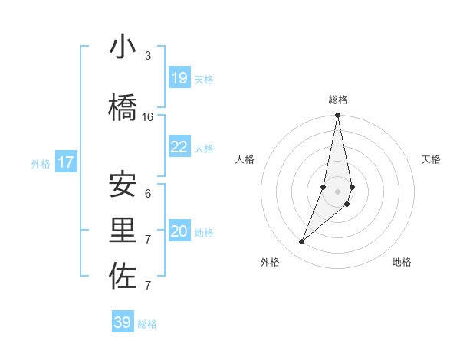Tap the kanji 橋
123,106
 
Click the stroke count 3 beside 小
148,56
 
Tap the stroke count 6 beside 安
148,194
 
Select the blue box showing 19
179,78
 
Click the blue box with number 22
179,147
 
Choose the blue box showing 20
179,231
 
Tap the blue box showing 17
66,162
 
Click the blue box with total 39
123,322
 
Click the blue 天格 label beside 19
204,79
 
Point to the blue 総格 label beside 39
147,324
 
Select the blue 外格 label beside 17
40,163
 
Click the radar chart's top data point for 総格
337,116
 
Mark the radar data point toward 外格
302,242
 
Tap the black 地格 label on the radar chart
402,262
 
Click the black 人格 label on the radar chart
245,159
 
